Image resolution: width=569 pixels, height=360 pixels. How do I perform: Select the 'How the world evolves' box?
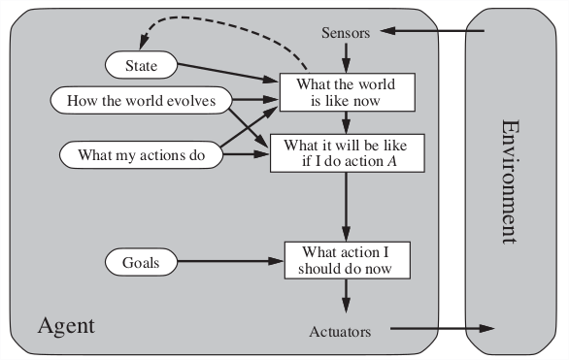tap(141, 99)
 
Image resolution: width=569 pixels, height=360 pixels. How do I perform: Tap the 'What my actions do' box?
tap(141, 154)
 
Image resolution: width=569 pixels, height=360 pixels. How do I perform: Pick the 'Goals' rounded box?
tap(141, 261)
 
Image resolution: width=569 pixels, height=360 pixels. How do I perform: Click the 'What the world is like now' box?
tap(347, 92)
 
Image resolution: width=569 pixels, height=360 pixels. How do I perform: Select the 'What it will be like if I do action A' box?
tap(347, 152)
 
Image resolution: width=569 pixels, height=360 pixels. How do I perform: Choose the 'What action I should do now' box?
tap(347, 259)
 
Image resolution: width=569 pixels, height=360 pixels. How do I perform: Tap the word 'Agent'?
tap(66, 324)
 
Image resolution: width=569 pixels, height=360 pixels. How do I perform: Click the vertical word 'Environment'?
tap(511, 183)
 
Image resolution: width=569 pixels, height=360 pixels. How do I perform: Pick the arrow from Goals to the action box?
tap(228, 261)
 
